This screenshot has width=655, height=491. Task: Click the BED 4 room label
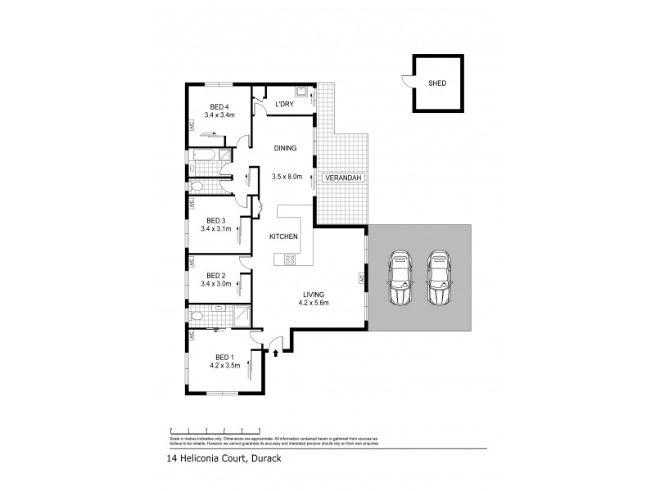click(218, 106)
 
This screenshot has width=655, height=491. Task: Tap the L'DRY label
click(283, 104)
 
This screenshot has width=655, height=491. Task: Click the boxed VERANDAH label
click(341, 178)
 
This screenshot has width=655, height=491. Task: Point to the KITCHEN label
click(284, 236)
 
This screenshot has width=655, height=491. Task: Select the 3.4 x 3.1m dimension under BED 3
click(216, 229)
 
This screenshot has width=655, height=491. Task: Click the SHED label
click(437, 83)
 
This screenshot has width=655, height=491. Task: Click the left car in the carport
click(400, 276)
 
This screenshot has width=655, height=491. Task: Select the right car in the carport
click(439, 276)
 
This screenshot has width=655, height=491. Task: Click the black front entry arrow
click(275, 354)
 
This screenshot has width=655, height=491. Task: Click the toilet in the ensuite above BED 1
click(195, 315)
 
